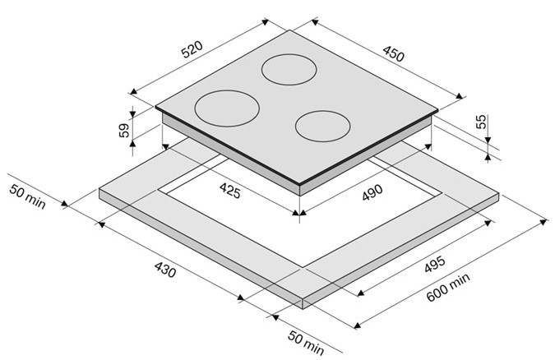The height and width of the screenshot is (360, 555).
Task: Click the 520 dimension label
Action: click(192, 49)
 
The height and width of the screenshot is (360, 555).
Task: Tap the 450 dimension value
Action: click(393, 54)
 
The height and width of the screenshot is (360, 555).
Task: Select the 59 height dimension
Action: click(124, 130)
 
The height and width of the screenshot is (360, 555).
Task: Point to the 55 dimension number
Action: click(481, 122)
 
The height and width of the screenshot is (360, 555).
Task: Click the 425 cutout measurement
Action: click(230, 191)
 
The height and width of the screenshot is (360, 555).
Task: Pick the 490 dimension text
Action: click(372, 192)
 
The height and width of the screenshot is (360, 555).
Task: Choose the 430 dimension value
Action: click(165, 270)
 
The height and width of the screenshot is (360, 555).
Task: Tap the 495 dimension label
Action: click(435, 265)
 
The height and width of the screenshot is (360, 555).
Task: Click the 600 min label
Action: click(448, 287)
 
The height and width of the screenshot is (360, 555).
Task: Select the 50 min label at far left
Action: click(27, 196)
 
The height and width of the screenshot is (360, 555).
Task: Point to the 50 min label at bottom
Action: click(306, 342)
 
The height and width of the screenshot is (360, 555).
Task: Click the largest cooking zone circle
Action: click(227, 108)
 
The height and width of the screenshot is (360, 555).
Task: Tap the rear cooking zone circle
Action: click(289, 69)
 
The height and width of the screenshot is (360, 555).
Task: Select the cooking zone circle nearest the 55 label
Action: click(323, 127)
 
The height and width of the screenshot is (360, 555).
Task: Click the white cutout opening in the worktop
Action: click(300, 212)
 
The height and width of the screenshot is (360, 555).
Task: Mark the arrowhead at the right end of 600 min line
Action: click(544, 222)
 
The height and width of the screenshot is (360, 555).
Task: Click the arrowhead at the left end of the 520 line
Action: click(133, 92)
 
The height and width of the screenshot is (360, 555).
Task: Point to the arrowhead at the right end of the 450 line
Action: click(459, 96)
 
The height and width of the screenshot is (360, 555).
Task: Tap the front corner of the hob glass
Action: click(299, 184)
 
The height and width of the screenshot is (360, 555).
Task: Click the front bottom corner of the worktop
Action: click(303, 309)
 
